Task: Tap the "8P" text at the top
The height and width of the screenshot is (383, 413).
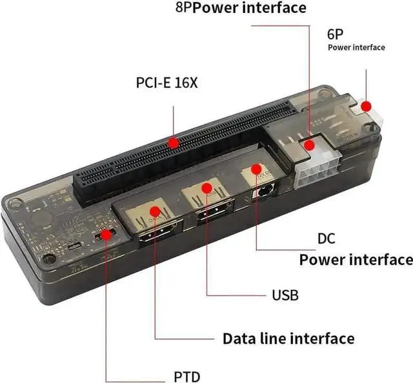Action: click(x=183, y=8)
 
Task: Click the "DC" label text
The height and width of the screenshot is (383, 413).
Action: click(x=327, y=239)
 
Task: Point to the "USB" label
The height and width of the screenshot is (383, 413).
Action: click(x=285, y=295)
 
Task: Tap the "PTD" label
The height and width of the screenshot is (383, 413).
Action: click(x=186, y=377)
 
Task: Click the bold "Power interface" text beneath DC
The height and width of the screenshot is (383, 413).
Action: click(x=356, y=260)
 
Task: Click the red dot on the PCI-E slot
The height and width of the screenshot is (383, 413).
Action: click(x=173, y=142)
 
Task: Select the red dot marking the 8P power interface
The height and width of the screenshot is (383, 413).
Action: click(x=310, y=145)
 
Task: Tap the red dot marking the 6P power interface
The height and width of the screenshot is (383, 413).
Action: click(x=367, y=106)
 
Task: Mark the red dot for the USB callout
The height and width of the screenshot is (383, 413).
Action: click(x=207, y=188)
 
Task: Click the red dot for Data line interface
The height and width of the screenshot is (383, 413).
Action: click(x=156, y=211)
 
